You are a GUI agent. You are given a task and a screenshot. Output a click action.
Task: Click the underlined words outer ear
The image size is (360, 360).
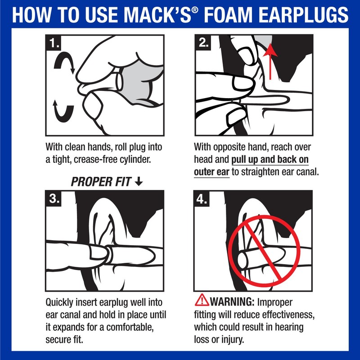pyautogui.click(x=211, y=172)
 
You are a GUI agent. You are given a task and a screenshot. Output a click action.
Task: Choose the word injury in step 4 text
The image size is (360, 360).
pyautogui.click(x=230, y=339)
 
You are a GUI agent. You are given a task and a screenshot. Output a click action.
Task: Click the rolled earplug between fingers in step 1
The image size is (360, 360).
pyautogui.click(x=119, y=81)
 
